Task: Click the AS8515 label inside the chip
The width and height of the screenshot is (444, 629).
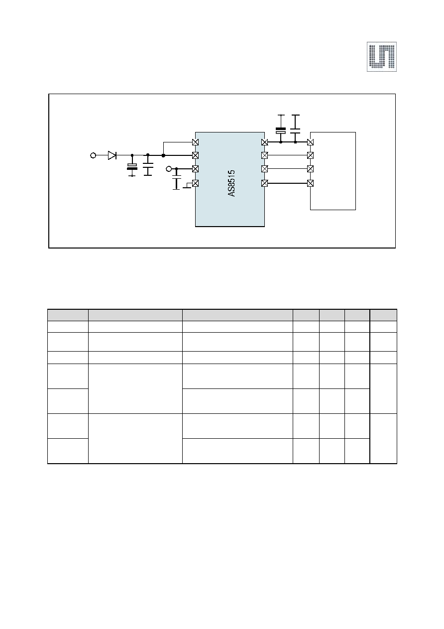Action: tap(231, 183)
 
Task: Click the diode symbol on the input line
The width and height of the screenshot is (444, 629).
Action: tap(112, 155)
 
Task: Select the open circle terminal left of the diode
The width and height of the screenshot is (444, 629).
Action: tap(93, 155)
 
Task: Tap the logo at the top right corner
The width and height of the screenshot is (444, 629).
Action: tap(382, 57)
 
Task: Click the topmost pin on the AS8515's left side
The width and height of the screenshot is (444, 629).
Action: tap(195, 142)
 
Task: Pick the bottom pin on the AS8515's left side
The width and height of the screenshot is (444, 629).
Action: tap(195, 183)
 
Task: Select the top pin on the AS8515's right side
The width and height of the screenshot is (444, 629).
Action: tap(264, 142)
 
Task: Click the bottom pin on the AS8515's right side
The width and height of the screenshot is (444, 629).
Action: tap(264, 183)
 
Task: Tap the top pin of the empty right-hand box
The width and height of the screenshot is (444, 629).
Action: tap(310, 142)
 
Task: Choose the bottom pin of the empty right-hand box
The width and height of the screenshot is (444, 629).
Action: tap(310, 183)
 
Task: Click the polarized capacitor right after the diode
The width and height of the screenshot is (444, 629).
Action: tap(132, 166)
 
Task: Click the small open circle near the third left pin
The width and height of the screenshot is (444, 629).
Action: tap(169, 169)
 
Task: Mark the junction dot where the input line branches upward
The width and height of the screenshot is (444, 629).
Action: tap(163, 155)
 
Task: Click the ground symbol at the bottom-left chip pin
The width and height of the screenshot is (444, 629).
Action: tap(187, 186)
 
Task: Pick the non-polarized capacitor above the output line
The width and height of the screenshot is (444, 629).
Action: tap(295, 129)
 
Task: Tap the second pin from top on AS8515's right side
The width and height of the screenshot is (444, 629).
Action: tap(264, 155)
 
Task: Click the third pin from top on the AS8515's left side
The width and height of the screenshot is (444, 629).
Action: tap(195, 169)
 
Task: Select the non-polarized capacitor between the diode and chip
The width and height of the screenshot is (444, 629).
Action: tap(148, 165)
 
